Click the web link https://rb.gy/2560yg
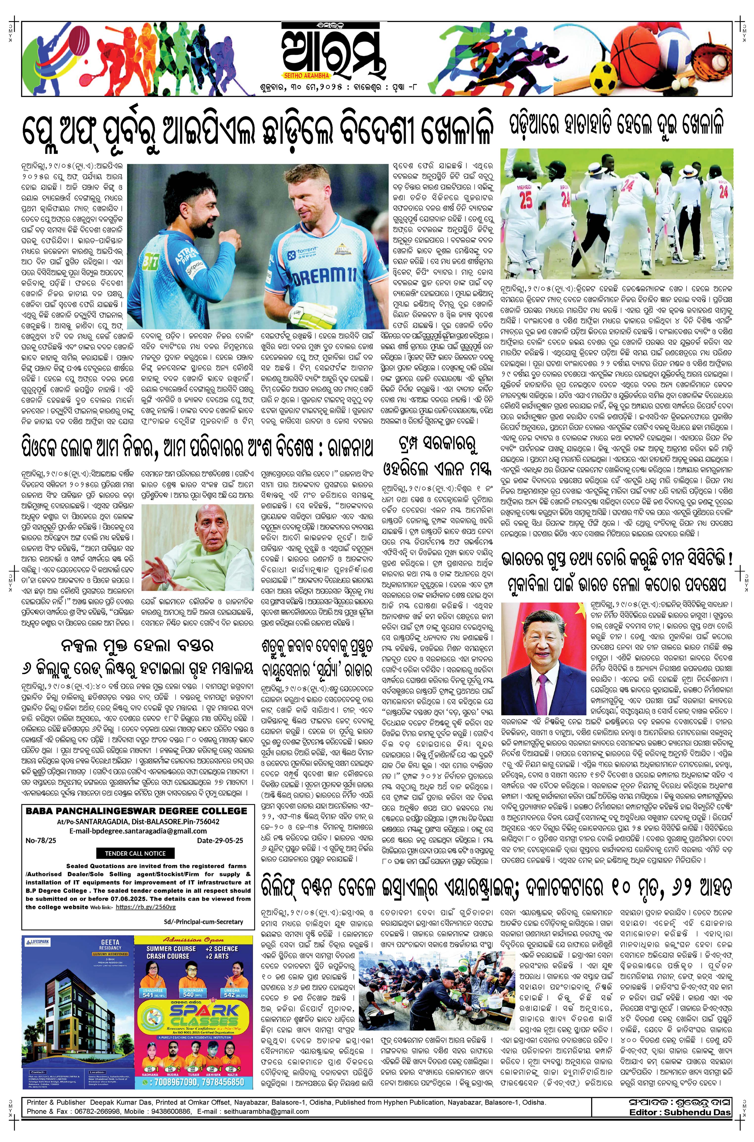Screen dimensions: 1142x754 coord(146,907)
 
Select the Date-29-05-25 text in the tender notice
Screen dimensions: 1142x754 coord(220,840)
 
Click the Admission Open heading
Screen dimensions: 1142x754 coord(194,939)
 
